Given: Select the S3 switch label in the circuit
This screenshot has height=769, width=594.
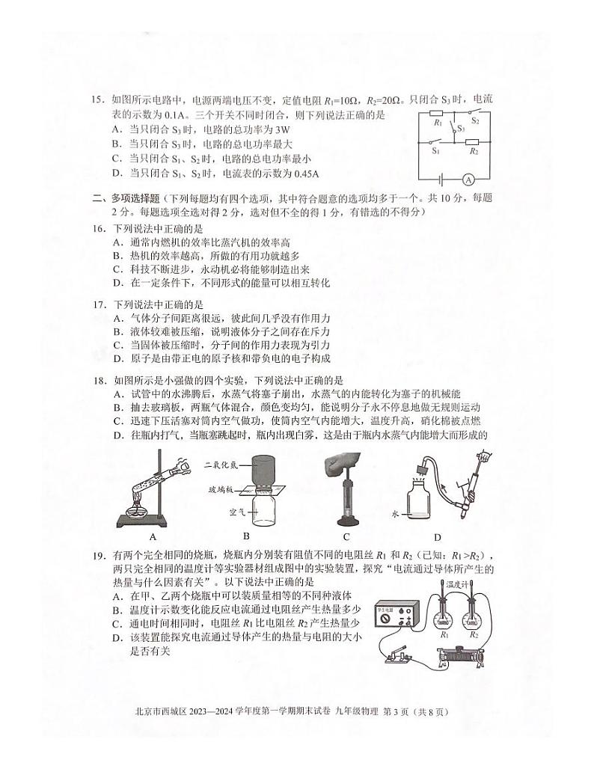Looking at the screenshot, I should (462, 129).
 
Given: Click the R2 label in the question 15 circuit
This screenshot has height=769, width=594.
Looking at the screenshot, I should (474, 151).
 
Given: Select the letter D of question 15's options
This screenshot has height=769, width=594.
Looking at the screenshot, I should (117, 174).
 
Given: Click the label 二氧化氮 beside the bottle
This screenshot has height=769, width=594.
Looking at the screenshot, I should (221, 465).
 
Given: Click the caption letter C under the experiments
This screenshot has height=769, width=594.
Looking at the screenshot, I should (346, 536).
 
